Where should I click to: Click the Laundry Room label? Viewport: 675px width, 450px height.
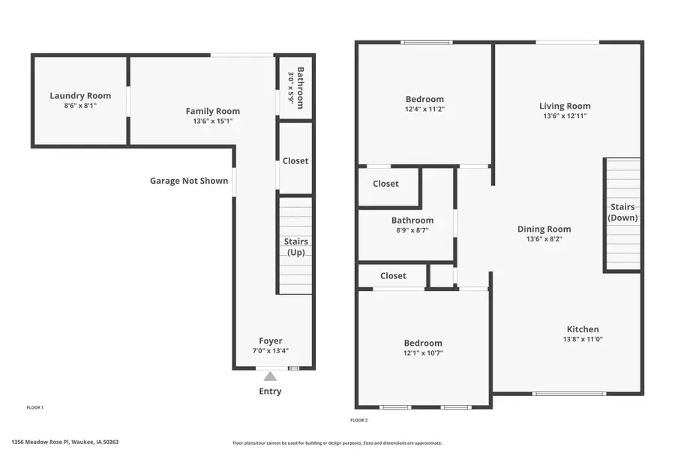[x=80, y=95]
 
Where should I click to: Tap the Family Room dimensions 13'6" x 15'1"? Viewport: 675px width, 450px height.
[x=213, y=121]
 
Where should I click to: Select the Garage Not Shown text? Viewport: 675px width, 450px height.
[x=189, y=181]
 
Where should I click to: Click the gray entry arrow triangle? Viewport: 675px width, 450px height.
[x=270, y=376]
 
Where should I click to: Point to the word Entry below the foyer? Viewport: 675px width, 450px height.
[x=270, y=391]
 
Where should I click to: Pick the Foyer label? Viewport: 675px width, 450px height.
[x=271, y=340]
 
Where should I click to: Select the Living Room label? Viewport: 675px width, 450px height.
[x=565, y=106]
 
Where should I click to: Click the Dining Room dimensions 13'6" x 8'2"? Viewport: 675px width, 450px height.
[x=544, y=239]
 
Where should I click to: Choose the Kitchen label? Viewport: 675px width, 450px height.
[x=582, y=329]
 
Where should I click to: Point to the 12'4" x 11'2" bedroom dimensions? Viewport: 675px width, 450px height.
[x=424, y=109]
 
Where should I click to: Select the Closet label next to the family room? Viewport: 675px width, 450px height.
[x=295, y=160]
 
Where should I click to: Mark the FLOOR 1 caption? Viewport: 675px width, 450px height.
[x=34, y=407]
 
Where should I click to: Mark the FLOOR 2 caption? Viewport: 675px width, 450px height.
[x=359, y=420]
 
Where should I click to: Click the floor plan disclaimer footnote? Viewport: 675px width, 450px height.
[x=337, y=442]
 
